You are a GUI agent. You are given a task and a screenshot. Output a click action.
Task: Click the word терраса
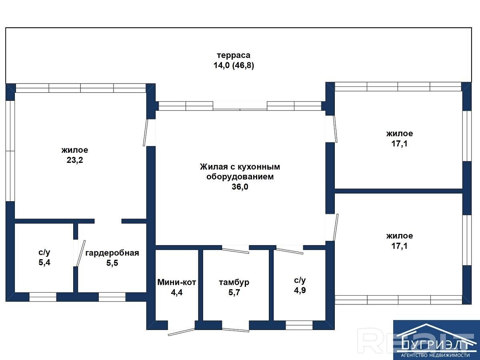pos(234,55)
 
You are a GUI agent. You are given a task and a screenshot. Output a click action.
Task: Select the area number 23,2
pos(75,160)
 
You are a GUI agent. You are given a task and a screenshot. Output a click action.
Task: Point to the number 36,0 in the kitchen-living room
pos(240,187)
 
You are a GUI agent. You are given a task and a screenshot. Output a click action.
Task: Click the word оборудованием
pos(240,177)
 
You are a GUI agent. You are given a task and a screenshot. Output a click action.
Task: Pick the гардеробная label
pos(112,253)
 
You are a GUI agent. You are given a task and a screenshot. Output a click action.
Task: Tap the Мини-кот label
pos(177,282)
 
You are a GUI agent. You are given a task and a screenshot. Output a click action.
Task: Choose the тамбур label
pos(234,282)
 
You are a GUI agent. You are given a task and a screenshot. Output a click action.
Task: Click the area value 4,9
pos(300,290)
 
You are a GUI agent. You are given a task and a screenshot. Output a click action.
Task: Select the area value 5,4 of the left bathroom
pos(44,262)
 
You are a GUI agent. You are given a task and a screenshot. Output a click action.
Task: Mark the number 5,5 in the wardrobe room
pos(112,263)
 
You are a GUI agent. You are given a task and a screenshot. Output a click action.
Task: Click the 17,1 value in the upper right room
pos(399,144)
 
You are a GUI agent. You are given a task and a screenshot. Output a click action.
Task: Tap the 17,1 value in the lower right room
pos(399,246)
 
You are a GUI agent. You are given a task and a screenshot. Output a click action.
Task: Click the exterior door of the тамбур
pos(236,330)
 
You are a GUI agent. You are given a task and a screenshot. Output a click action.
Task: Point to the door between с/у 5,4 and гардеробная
pos(81,253)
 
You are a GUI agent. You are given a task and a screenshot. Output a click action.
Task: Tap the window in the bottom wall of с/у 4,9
pos(299,325)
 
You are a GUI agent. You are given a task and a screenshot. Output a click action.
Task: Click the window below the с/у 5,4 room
pos(43,297)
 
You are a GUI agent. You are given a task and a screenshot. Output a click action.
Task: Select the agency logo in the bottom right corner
pos(436,340)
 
